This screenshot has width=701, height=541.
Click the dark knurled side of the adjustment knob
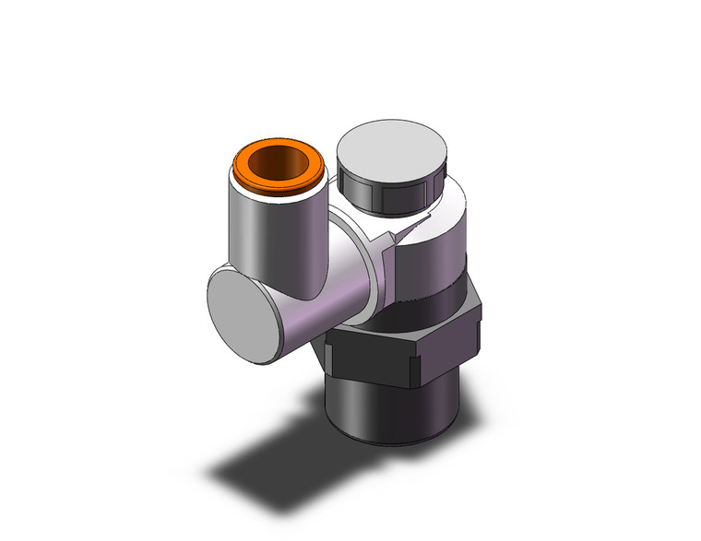[387, 189]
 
